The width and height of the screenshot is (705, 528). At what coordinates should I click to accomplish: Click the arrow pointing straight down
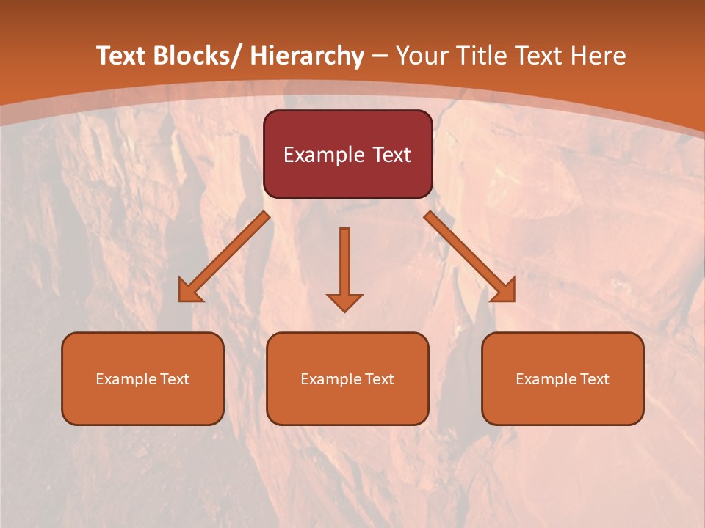tap(344, 268)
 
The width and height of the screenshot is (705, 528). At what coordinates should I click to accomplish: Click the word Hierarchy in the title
tap(306, 56)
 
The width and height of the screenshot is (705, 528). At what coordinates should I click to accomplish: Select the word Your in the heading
tap(422, 56)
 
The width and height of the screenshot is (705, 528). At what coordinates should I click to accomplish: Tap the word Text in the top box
tap(390, 155)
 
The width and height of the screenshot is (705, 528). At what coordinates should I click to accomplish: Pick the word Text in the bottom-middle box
tap(378, 379)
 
